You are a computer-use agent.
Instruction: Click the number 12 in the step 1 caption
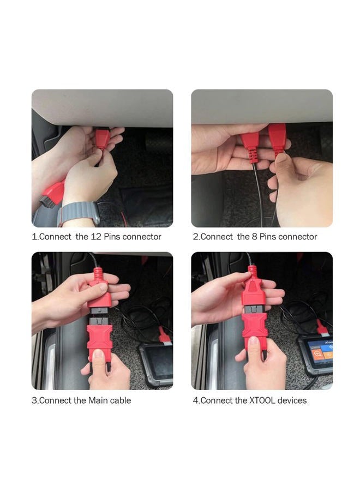tap(95, 237)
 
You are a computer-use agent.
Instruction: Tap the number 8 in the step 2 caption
tap(255, 237)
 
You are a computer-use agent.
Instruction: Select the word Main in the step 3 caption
tap(98, 400)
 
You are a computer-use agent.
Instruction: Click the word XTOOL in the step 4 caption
tap(262, 400)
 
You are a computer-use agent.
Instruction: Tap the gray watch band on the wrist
tap(79, 213)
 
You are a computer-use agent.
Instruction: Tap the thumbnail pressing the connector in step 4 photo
tap(253, 343)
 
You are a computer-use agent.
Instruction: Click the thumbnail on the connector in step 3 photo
tap(98, 355)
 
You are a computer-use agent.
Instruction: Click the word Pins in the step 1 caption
tap(112, 237)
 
